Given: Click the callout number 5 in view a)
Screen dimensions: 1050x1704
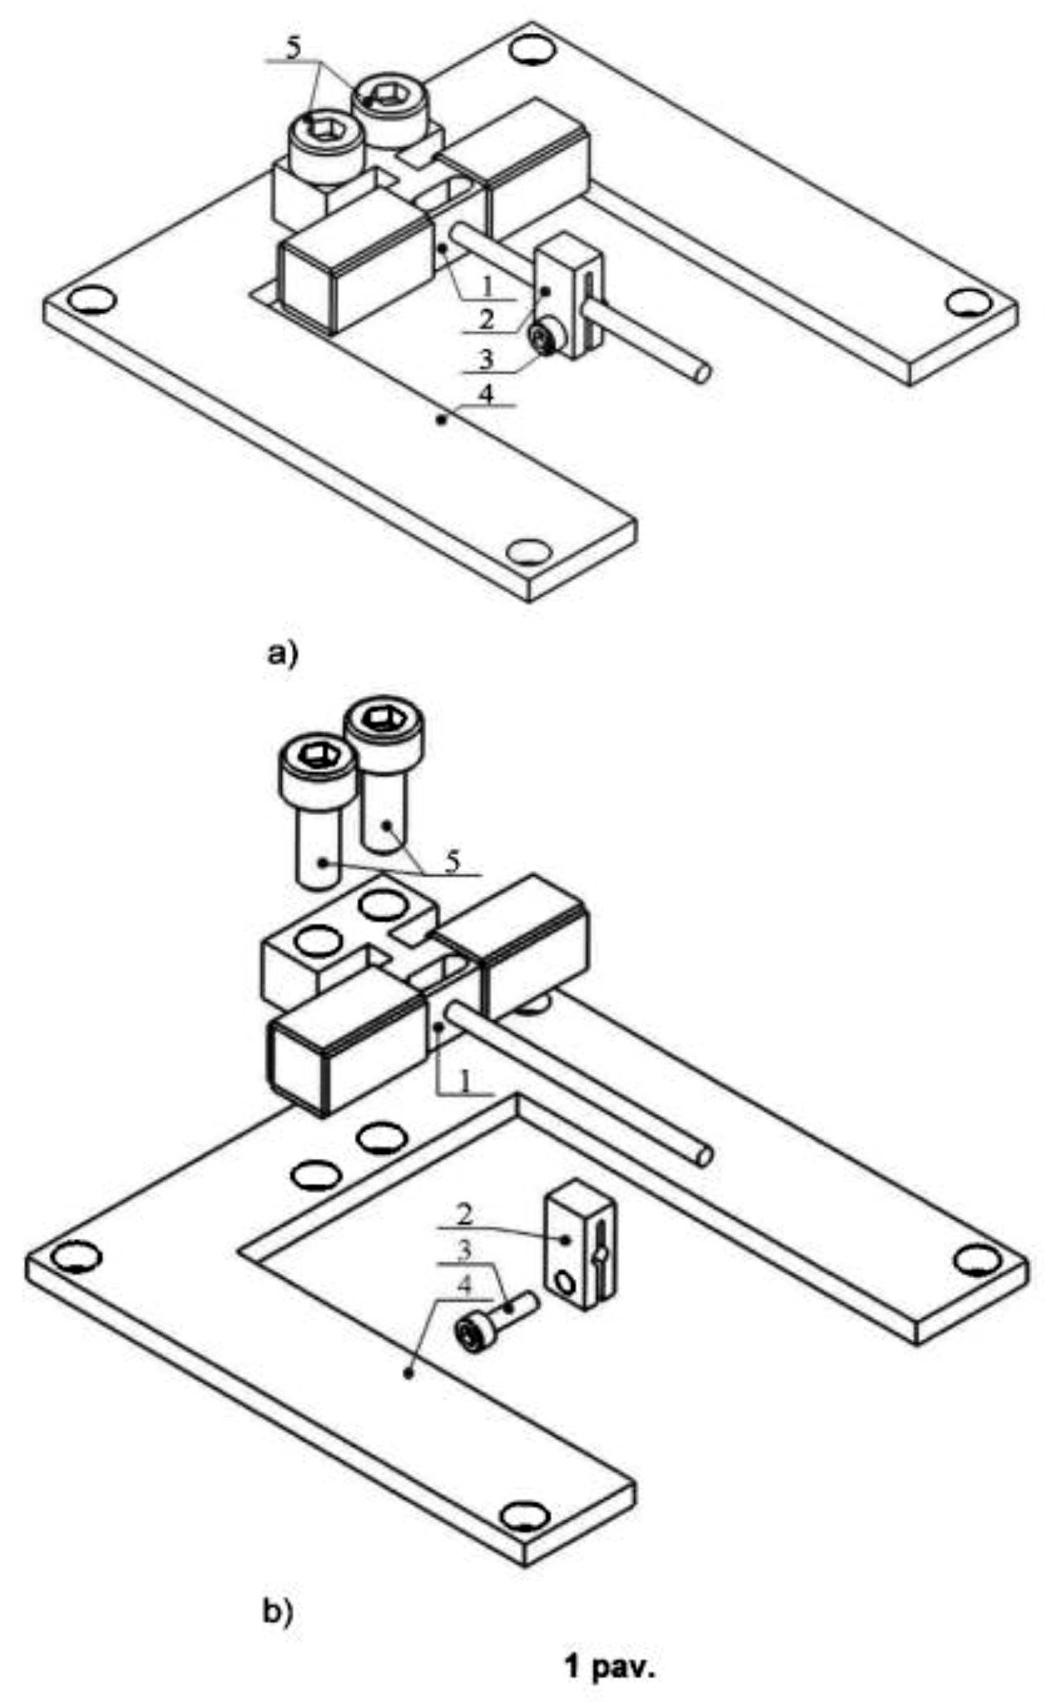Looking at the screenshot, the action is tap(293, 47).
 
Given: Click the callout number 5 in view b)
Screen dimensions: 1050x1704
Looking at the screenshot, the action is tap(453, 862).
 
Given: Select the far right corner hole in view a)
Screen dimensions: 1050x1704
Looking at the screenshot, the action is tap(968, 303).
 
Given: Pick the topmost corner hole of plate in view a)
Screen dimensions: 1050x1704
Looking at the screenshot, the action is tap(530, 51).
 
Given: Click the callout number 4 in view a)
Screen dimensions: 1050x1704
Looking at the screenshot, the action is tap(489, 396).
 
